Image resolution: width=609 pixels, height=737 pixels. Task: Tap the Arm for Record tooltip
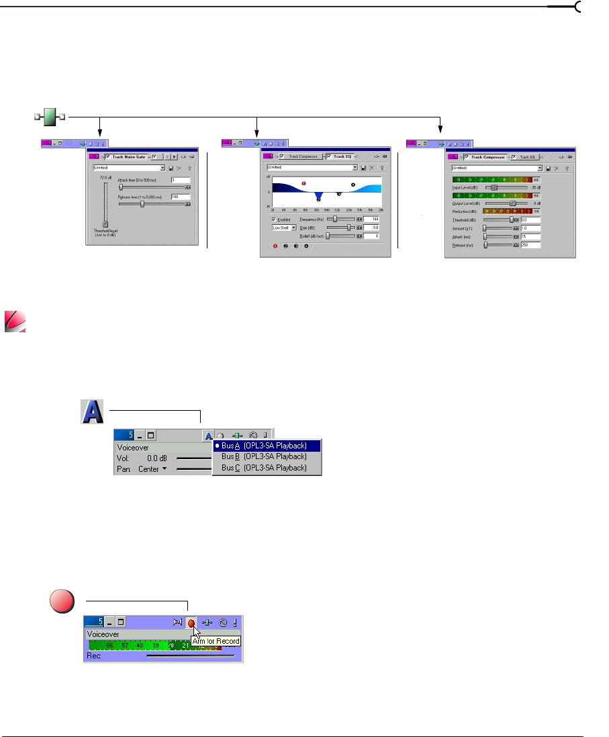point(216,641)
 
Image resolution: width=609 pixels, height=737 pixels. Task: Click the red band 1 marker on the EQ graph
point(304,183)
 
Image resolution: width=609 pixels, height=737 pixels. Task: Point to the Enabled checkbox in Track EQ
point(274,219)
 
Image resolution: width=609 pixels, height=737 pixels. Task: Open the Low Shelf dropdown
point(285,228)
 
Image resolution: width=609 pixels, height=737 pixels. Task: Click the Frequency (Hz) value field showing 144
point(372,219)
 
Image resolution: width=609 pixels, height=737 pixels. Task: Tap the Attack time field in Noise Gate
point(180,180)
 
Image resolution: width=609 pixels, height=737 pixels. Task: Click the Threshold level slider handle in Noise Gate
point(105,224)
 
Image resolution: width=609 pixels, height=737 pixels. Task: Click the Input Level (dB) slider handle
point(494,187)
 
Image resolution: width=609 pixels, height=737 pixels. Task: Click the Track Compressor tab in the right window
point(483,157)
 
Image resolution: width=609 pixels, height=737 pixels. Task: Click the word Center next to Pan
point(148,469)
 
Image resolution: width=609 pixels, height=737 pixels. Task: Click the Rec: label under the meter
point(94,656)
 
